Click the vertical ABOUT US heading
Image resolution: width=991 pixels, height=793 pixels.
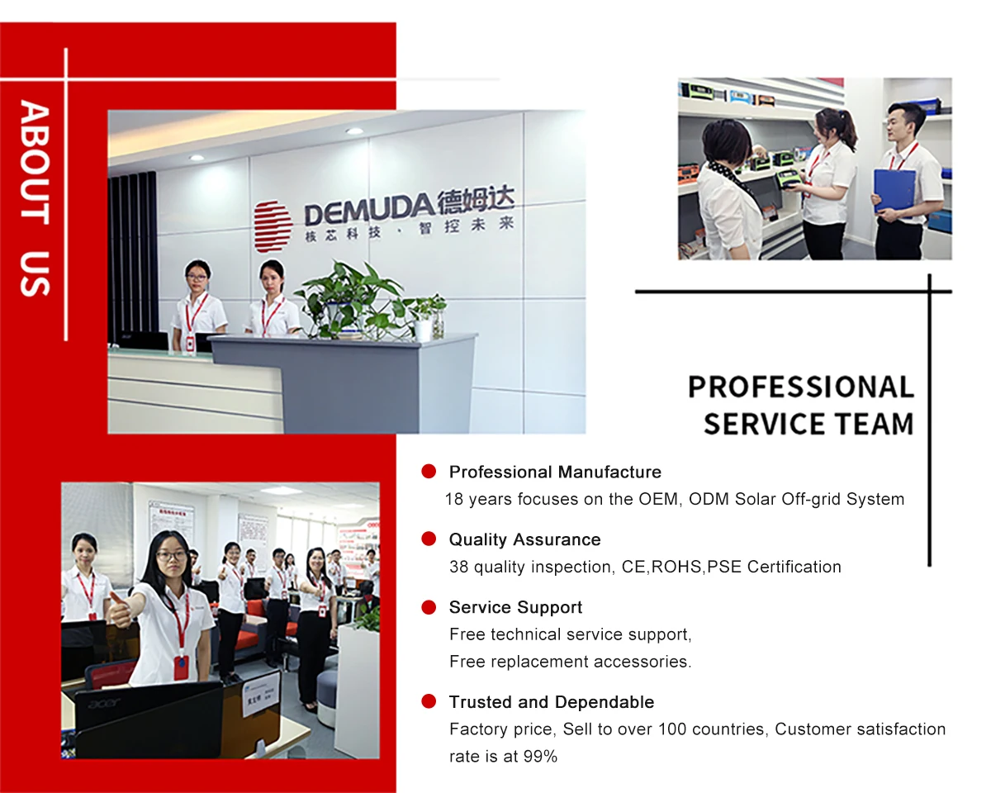(35, 198)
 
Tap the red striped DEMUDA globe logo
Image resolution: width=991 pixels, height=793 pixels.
(273, 226)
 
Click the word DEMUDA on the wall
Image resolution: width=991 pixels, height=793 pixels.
(368, 213)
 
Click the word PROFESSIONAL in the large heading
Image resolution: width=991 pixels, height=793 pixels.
(801, 387)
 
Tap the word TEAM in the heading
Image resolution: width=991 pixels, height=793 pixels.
(874, 424)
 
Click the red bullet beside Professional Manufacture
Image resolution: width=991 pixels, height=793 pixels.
(429, 471)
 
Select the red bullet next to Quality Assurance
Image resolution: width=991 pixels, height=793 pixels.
(429, 539)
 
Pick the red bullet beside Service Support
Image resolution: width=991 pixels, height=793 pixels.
(429, 607)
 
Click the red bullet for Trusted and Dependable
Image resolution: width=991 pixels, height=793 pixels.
(429, 700)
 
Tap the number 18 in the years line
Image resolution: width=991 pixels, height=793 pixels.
(453, 499)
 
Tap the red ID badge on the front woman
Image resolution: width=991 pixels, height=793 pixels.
(181, 667)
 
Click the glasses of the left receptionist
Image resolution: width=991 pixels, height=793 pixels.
(197, 277)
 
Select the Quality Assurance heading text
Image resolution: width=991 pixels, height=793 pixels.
(525, 539)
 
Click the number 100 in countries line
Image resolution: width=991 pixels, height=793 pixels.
(672, 729)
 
